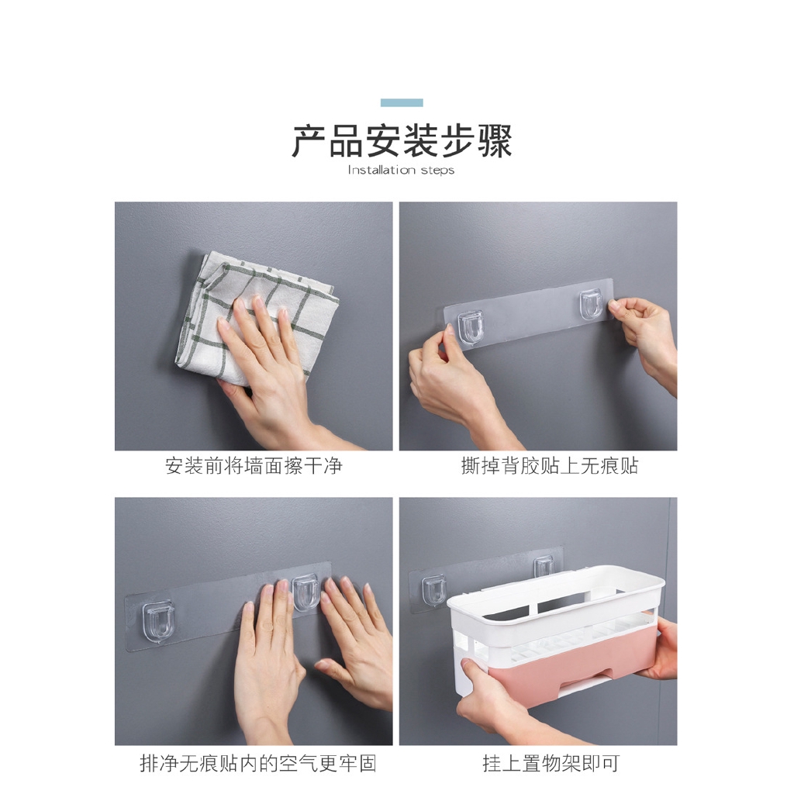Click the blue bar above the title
(x=402, y=102)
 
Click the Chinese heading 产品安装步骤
(x=402, y=142)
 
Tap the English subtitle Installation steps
(x=401, y=170)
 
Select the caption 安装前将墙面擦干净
(x=254, y=466)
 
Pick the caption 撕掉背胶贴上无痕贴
(x=549, y=466)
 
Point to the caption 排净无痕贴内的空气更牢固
(x=257, y=763)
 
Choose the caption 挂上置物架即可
(x=551, y=763)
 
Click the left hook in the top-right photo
(x=470, y=327)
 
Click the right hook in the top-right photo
(x=592, y=306)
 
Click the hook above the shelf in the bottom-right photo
(x=544, y=565)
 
